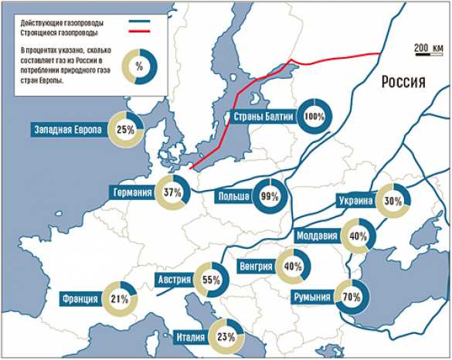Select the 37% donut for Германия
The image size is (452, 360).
[x=172, y=192]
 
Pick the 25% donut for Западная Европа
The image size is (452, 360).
[x=126, y=130]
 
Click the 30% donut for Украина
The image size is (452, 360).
[x=393, y=202]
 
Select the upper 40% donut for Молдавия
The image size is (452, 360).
[x=358, y=237]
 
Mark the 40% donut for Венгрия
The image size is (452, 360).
[x=293, y=267]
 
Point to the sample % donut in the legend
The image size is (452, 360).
[x=139, y=67]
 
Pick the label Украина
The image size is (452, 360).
[x=355, y=202]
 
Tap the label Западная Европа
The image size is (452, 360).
[x=68, y=130]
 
